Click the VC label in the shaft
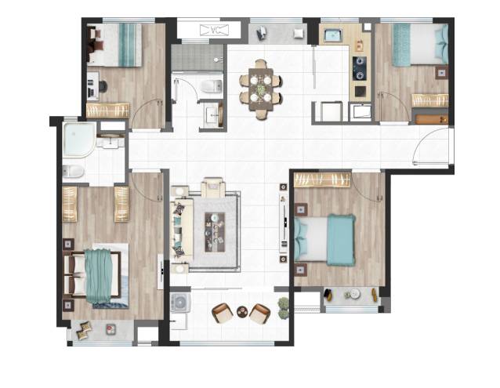tap(214, 31)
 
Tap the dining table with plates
tap(261, 89)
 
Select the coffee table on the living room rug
tap(215, 232)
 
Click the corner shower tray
tap(79, 140)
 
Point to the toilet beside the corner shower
tap(73, 172)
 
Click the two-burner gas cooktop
tap(360, 68)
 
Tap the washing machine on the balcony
tap(180, 303)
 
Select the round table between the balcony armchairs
tap(242, 311)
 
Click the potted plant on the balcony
tap(283, 308)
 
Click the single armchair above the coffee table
tap(213, 187)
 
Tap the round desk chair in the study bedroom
tap(103, 86)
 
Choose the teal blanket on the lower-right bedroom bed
tap(341, 240)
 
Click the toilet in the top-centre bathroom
tap(212, 85)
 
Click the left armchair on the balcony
tap(223, 313)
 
